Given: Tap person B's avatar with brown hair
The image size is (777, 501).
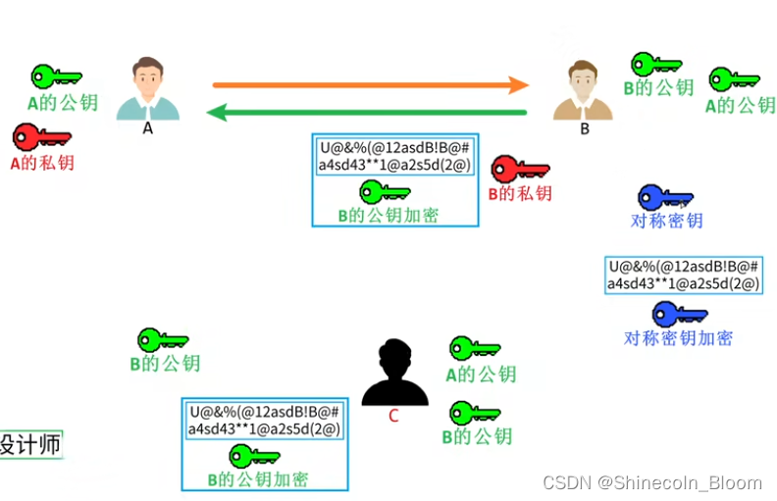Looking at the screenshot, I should tap(583, 90).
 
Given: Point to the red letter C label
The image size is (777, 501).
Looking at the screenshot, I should tap(393, 416).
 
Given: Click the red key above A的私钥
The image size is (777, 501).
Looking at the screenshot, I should tap(40, 137).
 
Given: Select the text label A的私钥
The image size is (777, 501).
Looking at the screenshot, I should tap(42, 163).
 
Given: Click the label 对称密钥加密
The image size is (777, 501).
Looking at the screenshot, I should tap(678, 338).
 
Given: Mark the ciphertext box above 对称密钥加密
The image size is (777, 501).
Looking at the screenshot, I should tap(684, 276).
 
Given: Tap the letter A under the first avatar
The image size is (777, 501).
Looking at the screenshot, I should tap(148, 126).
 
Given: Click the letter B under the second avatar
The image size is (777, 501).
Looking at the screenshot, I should tap(585, 127).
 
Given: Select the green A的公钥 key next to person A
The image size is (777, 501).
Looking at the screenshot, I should tap(57, 76).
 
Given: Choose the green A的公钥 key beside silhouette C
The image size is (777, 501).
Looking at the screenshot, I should tap(474, 349).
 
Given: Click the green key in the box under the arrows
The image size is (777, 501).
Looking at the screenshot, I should tap(385, 191).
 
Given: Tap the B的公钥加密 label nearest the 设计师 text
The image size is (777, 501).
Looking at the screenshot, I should tap(258, 479).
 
